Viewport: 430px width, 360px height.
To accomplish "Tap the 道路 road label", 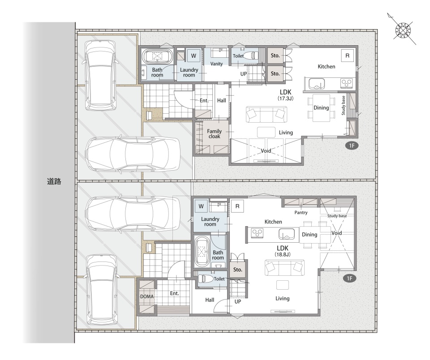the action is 54,181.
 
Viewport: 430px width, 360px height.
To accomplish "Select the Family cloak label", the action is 214,134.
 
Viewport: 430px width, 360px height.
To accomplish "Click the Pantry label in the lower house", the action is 301,213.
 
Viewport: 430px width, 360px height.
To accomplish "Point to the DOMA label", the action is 147,296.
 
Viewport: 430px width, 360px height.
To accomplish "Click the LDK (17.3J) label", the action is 285,95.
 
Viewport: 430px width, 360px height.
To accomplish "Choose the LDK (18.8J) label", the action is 283,251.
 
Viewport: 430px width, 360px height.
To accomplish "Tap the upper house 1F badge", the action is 352,146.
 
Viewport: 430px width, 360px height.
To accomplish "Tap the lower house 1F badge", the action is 349,279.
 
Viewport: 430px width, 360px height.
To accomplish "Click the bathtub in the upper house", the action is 157,56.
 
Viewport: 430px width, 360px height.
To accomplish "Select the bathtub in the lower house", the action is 202,251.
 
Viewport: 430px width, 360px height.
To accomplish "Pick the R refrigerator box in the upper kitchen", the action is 348,56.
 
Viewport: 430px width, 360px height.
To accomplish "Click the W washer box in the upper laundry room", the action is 193,56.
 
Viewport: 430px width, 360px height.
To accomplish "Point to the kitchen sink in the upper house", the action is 317,83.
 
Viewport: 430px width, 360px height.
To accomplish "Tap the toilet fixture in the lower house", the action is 206,279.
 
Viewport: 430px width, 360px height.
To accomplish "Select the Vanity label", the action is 216,64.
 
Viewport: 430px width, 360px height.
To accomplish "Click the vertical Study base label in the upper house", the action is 344,105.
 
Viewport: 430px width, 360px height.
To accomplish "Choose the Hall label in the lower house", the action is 210,300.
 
